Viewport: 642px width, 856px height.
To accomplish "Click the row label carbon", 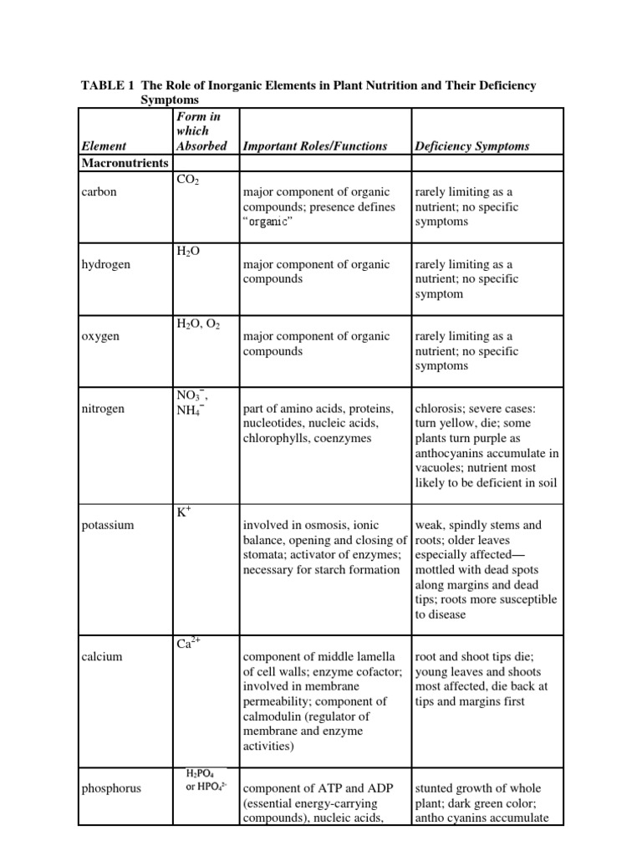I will tap(99, 191).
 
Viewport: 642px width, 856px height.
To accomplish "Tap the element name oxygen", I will tap(100, 336).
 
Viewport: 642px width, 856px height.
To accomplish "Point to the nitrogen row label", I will tap(103, 409).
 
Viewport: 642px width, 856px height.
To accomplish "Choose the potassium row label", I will tap(108, 526).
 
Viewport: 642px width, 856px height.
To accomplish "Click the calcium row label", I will tap(102, 656).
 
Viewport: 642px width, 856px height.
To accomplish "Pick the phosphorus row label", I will tap(111, 787).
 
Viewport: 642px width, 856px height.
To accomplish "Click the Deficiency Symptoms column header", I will tap(471, 146).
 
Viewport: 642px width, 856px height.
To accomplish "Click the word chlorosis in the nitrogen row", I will tap(438, 409).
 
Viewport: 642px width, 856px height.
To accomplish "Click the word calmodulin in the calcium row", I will tap(273, 716).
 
